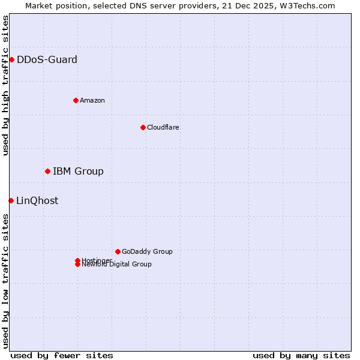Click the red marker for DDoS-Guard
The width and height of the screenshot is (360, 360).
click(x=11, y=59)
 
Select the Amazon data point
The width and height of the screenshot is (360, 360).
click(x=76, y=100)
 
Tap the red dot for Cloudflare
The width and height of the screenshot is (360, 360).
click(x=143, y=127)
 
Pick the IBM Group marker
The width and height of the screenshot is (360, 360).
click(x=47, y=171)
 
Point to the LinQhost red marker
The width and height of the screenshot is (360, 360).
click(x=11, y=200)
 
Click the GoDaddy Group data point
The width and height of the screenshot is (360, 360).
click(x=118, y=251)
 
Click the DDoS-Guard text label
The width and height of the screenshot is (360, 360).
click(x=47, y=59)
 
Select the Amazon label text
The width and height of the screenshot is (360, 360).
click(x=92, y=100)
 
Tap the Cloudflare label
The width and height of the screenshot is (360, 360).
click(x=163, y=127)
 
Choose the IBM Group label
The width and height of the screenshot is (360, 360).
click(x=78, y=171)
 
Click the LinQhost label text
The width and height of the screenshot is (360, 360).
click(x=37, y=200)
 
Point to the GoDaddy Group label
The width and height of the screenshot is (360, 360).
click(x=147, y=251)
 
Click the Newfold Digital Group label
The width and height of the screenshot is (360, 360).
click(x=116, y=265)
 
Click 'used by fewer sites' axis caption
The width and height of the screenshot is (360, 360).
click(x=62, y=355)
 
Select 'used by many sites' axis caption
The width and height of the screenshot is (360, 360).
click(x=301, y=355)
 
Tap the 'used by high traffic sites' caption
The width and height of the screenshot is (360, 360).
click(x=5, y=85)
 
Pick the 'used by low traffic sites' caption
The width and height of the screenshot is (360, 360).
click(x=5, y=281)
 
